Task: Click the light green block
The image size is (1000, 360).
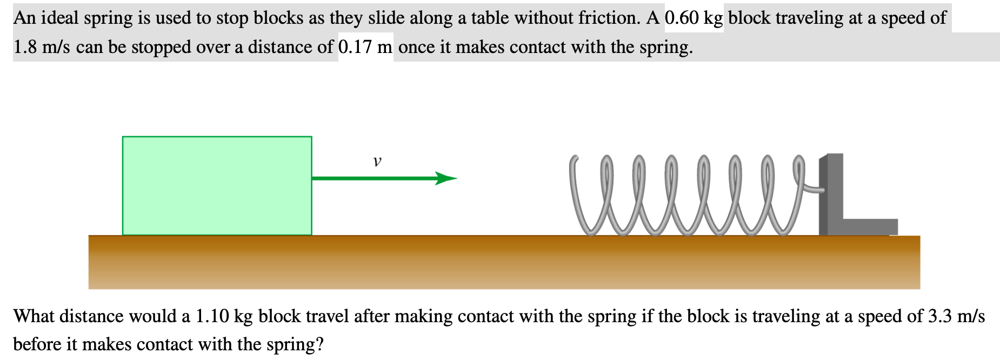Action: (x=217, y=185)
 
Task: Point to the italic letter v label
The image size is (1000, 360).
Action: (x=377, y=161)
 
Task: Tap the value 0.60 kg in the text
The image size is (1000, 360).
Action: (x=694, y=18)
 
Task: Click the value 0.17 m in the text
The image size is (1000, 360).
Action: (x=365, y=47)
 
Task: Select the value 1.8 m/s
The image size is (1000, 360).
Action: (x=42, y=47)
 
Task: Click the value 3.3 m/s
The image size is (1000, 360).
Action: (x=956, y=316)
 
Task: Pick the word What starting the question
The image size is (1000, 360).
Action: (x=34, y=316)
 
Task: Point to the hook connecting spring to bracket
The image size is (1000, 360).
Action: (x=811, y=188)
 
